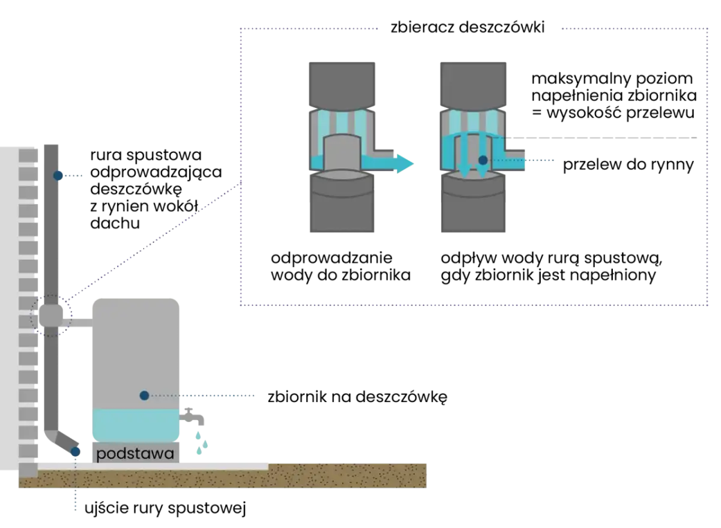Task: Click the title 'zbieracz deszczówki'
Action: pos(467,28)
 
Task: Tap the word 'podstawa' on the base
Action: pos(135,454)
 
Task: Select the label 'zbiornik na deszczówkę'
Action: pos(357,397)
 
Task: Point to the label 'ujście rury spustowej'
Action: pos(165,508)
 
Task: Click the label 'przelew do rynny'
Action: pos(628,164)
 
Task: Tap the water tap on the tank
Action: pos(192,416)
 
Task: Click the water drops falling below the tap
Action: pos(201,443)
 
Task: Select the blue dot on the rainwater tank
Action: pos(144,395)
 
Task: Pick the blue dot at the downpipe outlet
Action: pos(75,452)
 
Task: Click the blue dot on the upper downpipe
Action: pos(58,175)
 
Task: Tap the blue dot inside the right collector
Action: pos(483,160)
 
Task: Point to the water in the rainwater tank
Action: pos(136,425)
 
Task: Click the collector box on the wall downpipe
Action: pos(51,315)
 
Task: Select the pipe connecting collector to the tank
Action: pos(78,323)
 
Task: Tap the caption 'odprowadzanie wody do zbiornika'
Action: pos(341,267)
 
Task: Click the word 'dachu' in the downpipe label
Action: pos(115,223)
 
